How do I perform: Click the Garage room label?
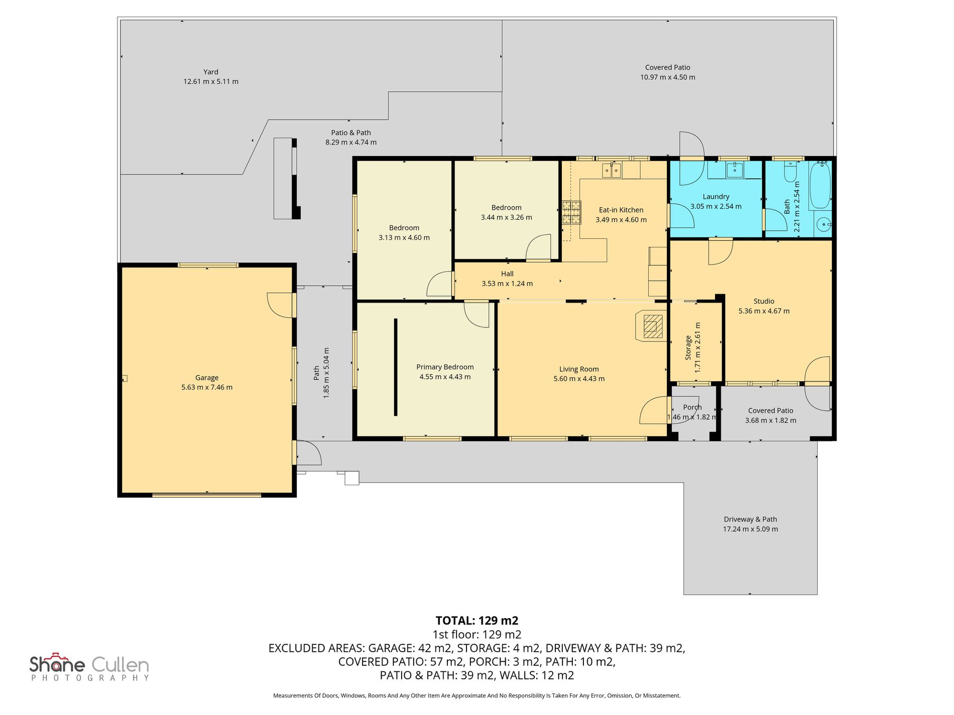207,378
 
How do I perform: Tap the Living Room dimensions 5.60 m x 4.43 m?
579,379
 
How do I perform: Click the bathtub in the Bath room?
820,185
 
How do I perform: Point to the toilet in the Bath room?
790,172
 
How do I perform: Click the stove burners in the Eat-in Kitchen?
571,212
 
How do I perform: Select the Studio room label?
764,301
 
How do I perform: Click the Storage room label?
688,348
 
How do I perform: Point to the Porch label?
692,407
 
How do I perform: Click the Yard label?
211,72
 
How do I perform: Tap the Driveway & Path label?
750,519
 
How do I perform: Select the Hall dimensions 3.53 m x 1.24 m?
507,283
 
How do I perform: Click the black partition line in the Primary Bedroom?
396,367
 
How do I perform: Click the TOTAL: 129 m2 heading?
476,621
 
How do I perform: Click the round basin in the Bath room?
823,225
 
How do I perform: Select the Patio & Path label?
351,132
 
